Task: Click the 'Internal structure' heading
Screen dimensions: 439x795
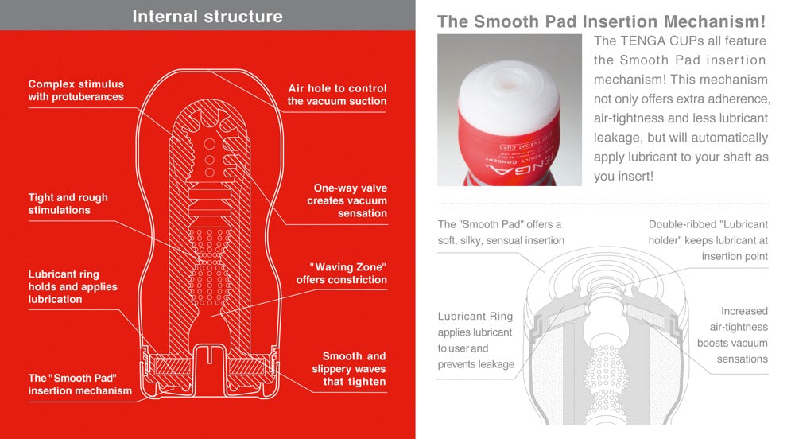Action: click(x=207, y=16)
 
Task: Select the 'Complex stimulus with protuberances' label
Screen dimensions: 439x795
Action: click(x=76, y=91)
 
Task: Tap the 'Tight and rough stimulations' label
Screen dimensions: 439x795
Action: click(x=68, y=204)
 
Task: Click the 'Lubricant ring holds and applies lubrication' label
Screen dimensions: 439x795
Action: click(x=72, y=286)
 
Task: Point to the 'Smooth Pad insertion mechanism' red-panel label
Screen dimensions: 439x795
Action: click(x=79, y=384)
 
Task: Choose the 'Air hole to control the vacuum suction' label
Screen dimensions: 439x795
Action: click(x=337, y=95)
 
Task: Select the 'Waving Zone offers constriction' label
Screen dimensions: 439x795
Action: click(x=342, y=274)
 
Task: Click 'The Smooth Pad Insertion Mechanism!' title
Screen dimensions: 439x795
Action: click(x=601, y=21)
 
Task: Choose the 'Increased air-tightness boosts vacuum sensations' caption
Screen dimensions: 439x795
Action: click(x=732, y=335)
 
